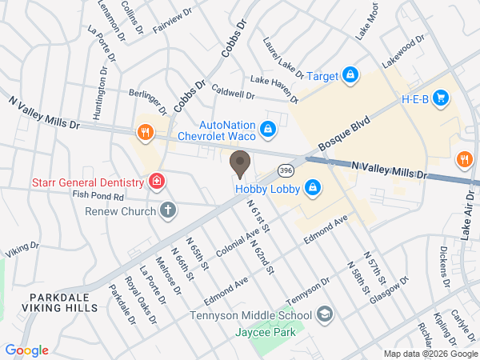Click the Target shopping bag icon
coord(350,75)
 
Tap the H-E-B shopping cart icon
coord(441,98)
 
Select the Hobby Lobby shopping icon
coord(314,189)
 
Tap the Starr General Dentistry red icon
coord(158,181)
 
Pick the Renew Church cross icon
coord(167,211)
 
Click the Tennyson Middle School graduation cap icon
coord(324,314)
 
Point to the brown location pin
coord(239,165)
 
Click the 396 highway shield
coord(286,170)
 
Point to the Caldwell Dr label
coord(234,94)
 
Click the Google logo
coord(26,350)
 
